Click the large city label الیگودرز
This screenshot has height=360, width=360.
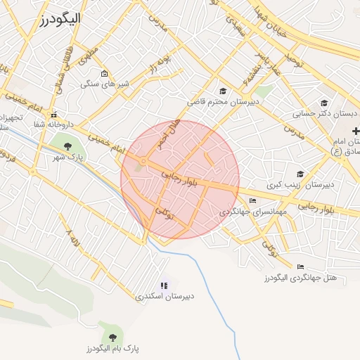[56, 19]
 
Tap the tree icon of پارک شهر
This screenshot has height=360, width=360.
[68, 146]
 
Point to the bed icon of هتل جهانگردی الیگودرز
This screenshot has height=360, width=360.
[301, 267]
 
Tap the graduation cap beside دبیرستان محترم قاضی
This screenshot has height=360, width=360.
[224, 91]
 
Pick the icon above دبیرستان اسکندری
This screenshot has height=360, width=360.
[164, 285]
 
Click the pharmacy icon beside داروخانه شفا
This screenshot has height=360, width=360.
[53, 115]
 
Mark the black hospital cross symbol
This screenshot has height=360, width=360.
[356, 131]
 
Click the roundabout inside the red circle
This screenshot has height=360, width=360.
[143, 162]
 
